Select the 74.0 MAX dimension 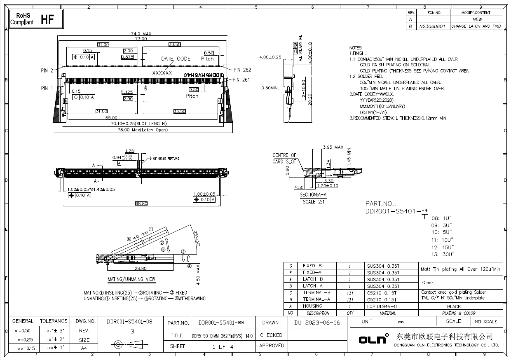(x=141, y=34)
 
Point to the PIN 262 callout (x=241, y=70)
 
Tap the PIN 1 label (x=47, y=88)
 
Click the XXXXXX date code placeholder (x=162, y=72)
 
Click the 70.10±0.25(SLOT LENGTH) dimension (x=138, y=124)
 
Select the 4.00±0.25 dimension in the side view (x=270, y=57)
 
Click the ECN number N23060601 (x=432, y=26)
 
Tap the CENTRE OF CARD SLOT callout (x=284, y=158)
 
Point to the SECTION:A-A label (x=313, y=195)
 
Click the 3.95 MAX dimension (x=333, y=147)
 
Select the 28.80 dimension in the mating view (x=141, y=268)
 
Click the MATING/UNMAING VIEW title (x=131, y=279)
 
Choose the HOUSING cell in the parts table (x=312, y=306)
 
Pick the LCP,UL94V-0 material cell (x=382, y=306)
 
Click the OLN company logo (x=373, y=339)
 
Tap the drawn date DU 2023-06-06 (x=317, y=323)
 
